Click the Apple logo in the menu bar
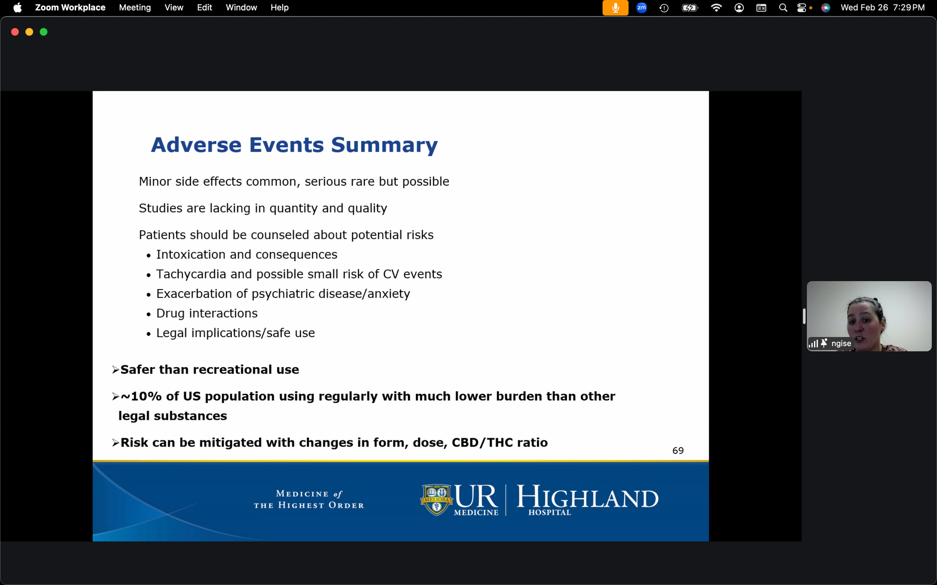click(x=18, y=7)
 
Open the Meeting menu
click(x=135, y=7)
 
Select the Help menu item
click(x=280, y=7)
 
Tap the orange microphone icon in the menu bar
click(x=615, y=8)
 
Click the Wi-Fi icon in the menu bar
click(x=716, y=8)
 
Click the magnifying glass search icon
click(x=783, y=8)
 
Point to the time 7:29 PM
click(x=909, y=7)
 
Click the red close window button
click(x=15, y=32)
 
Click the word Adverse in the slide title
click(x=197, y=145)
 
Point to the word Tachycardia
click(x=191, y=274)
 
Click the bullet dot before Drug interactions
click(x=149, y=315)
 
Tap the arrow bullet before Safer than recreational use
click(x=116, y=370)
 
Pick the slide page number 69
click(x=678, y=451)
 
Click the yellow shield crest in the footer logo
click(x=437, y=499)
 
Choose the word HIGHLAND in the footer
click(x=588, y=497)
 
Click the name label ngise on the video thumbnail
click(x=841, y=343)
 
